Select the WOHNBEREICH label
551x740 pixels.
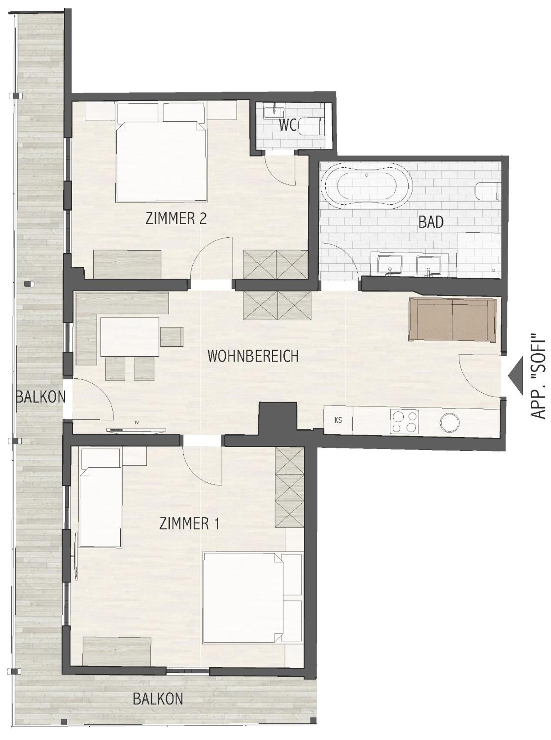coord(253,357)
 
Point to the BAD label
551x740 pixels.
coord(431,223)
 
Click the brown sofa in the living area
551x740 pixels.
coord(452,320)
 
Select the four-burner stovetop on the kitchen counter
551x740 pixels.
coord(404,421)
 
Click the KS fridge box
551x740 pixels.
coord(338,420)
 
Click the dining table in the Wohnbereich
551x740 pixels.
coord(130,337)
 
